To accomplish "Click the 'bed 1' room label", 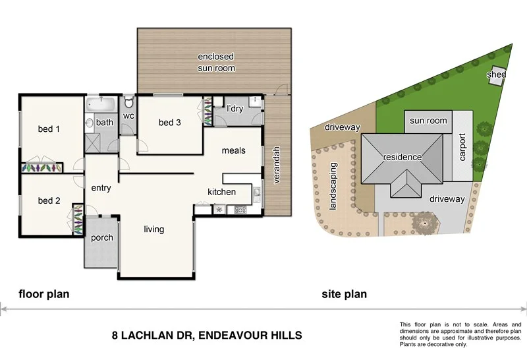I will click(49, 129).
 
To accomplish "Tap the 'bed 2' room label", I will click(49, 201).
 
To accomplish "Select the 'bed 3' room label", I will click(170, 123).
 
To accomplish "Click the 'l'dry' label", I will click(235, 108).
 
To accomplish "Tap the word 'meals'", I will click(233, 151).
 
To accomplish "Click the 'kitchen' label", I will click(221, 192).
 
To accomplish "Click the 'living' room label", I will click(154, 229).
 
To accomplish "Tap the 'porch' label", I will click(101, 238).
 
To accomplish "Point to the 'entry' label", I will click(101, 189).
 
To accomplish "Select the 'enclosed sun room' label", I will click(216, 63).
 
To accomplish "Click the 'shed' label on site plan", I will click(496, 75).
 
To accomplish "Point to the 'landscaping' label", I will click(333, 187).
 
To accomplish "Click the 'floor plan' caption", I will click(43, 294).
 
